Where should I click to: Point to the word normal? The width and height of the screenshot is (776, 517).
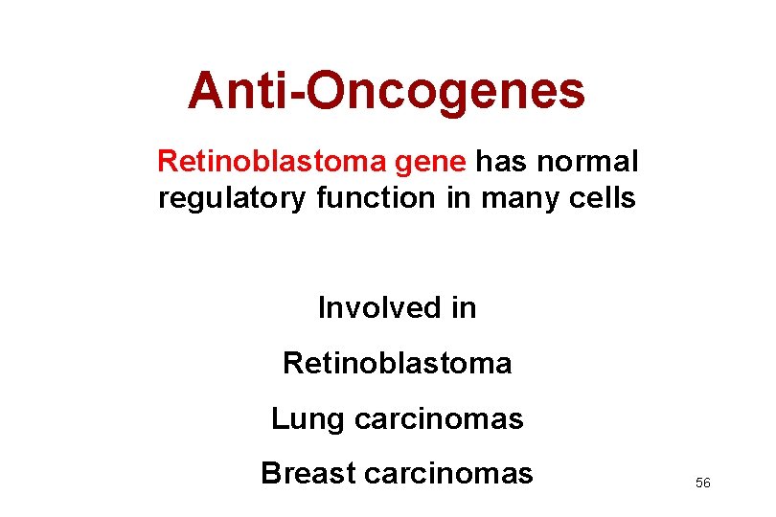[x=587, y=162]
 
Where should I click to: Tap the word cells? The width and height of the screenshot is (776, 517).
[x=601, y=198]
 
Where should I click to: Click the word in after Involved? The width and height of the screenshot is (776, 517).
[x=463, y=308]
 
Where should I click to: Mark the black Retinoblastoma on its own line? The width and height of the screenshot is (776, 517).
[x=397, y=364]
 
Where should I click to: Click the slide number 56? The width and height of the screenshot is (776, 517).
[x=702, y=483]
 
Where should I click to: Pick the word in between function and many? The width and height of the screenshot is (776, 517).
[x=453, y=198]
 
